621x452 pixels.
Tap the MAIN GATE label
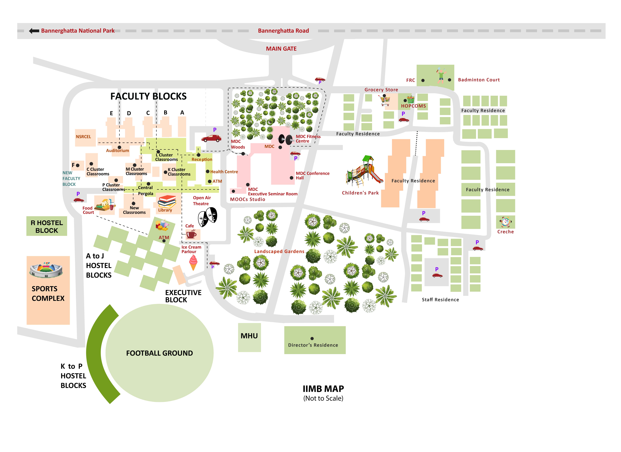click(281, 49)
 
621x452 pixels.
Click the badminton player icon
click(441, 76)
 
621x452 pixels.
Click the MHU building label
click(249, 336)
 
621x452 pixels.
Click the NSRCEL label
click(83, 137)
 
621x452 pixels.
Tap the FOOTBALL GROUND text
click(159, 353)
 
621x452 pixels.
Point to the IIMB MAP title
click(323, 389)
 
